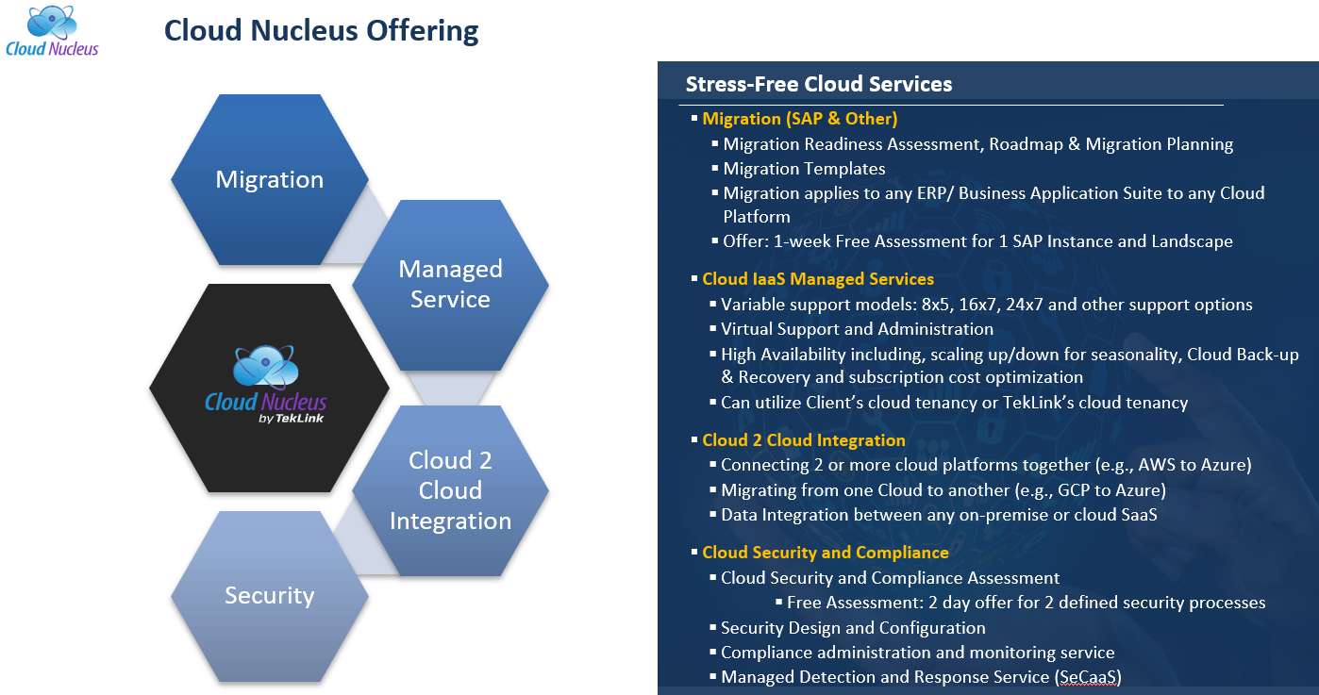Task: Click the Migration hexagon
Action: coord(269,179)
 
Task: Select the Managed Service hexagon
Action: coord(450,284)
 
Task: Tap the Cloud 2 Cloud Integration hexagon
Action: coord(450,490)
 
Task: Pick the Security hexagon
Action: coord(269,595)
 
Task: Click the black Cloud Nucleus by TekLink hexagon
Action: coord(268,388)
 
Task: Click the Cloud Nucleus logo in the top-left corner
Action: coord(52,31)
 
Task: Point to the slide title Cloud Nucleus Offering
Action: coord(321,30)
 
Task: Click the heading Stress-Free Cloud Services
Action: coord(818,84)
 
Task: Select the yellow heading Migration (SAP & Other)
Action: coord(799,119)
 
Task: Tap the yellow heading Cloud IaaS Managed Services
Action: coord(818,279)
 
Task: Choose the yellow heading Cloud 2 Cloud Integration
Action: coord(804,440)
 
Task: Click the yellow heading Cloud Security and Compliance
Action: coord(826,553)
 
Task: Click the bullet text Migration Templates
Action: coord(804,169)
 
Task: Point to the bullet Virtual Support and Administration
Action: coord(857,329)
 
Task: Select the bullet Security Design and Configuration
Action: coord(853,627)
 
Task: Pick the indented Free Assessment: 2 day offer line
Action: coord(1026,603)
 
